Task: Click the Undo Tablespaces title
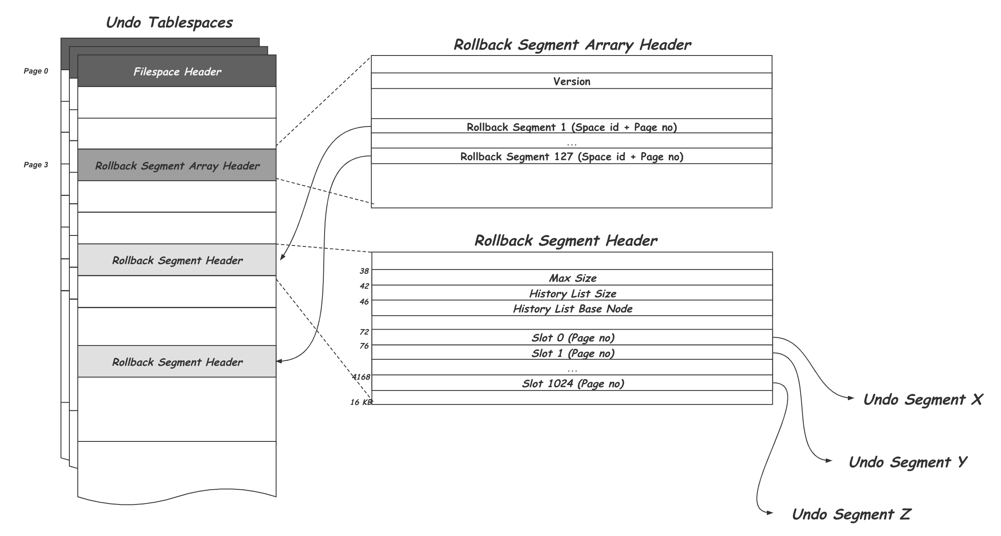pyautogui.click(x=169, y=22)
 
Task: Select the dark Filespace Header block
pyautogui.click(x=177, y=71)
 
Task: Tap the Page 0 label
pyautogui.click(x=36, y=71)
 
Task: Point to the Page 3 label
pyautogui.click(x=36, y=165)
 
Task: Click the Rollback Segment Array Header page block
pyautogui.click(x=177, y=165)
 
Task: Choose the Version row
pyautogui.click(x=571, y=81)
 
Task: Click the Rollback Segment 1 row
pyautogui.click(x=571, y=127)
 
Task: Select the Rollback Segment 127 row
pyautogui.click(x=571, y=156)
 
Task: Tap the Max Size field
pyautogui.click(x=572, y=278)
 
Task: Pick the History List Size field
pyautogui.click(x=572, y=293)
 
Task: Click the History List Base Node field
pyautogui.click(x=572, y=309)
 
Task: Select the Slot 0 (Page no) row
pyautogui.click(x=572, y=338)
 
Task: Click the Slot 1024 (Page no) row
pyautogui.click(x=572, y=383)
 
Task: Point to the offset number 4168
pyautogui.click(x=361, y=377)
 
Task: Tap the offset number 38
pyautogui.click(x=364, y=271)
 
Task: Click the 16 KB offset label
pyautogui.click(x=361, y=402)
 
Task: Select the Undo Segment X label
pyautogui.click(x=922, y=399)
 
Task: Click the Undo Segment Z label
pyautogui.click(x=851, y=514)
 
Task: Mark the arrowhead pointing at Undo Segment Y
pyautogui.click(x=829, y=461)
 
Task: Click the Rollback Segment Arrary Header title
pyautogui.click(x=572, y=45)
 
